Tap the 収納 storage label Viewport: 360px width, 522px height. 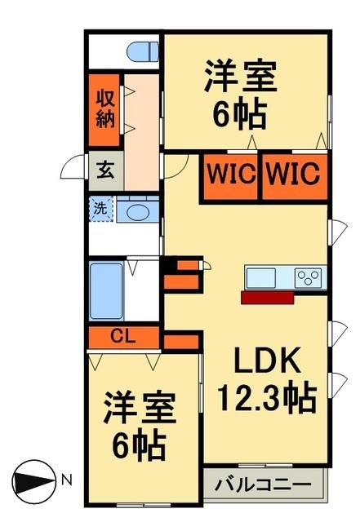pos(106,109)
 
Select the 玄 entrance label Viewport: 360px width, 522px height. pos(106,171)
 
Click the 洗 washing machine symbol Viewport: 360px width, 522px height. pos(100,208)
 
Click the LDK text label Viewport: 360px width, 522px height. pos(260,360)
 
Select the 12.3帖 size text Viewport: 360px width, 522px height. pos(266,399)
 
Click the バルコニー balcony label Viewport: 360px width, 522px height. pos(263,485)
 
